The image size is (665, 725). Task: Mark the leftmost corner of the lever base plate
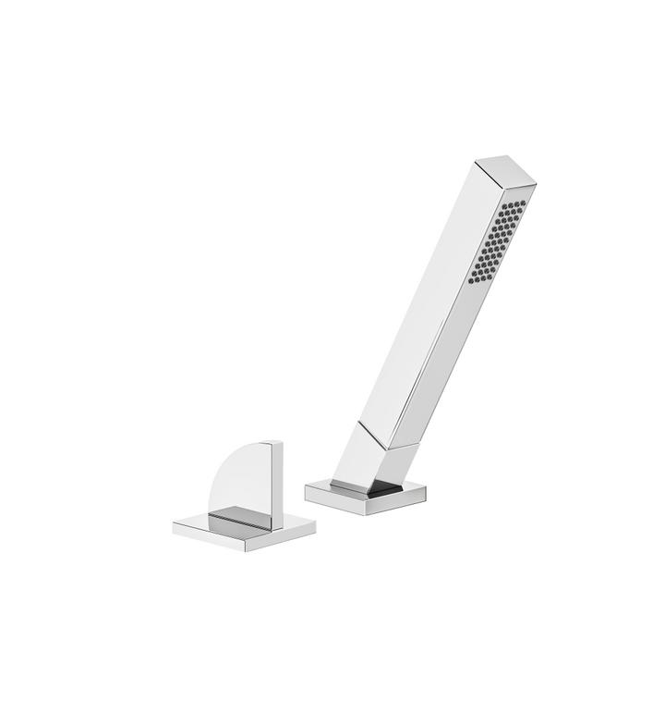[175, 528]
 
